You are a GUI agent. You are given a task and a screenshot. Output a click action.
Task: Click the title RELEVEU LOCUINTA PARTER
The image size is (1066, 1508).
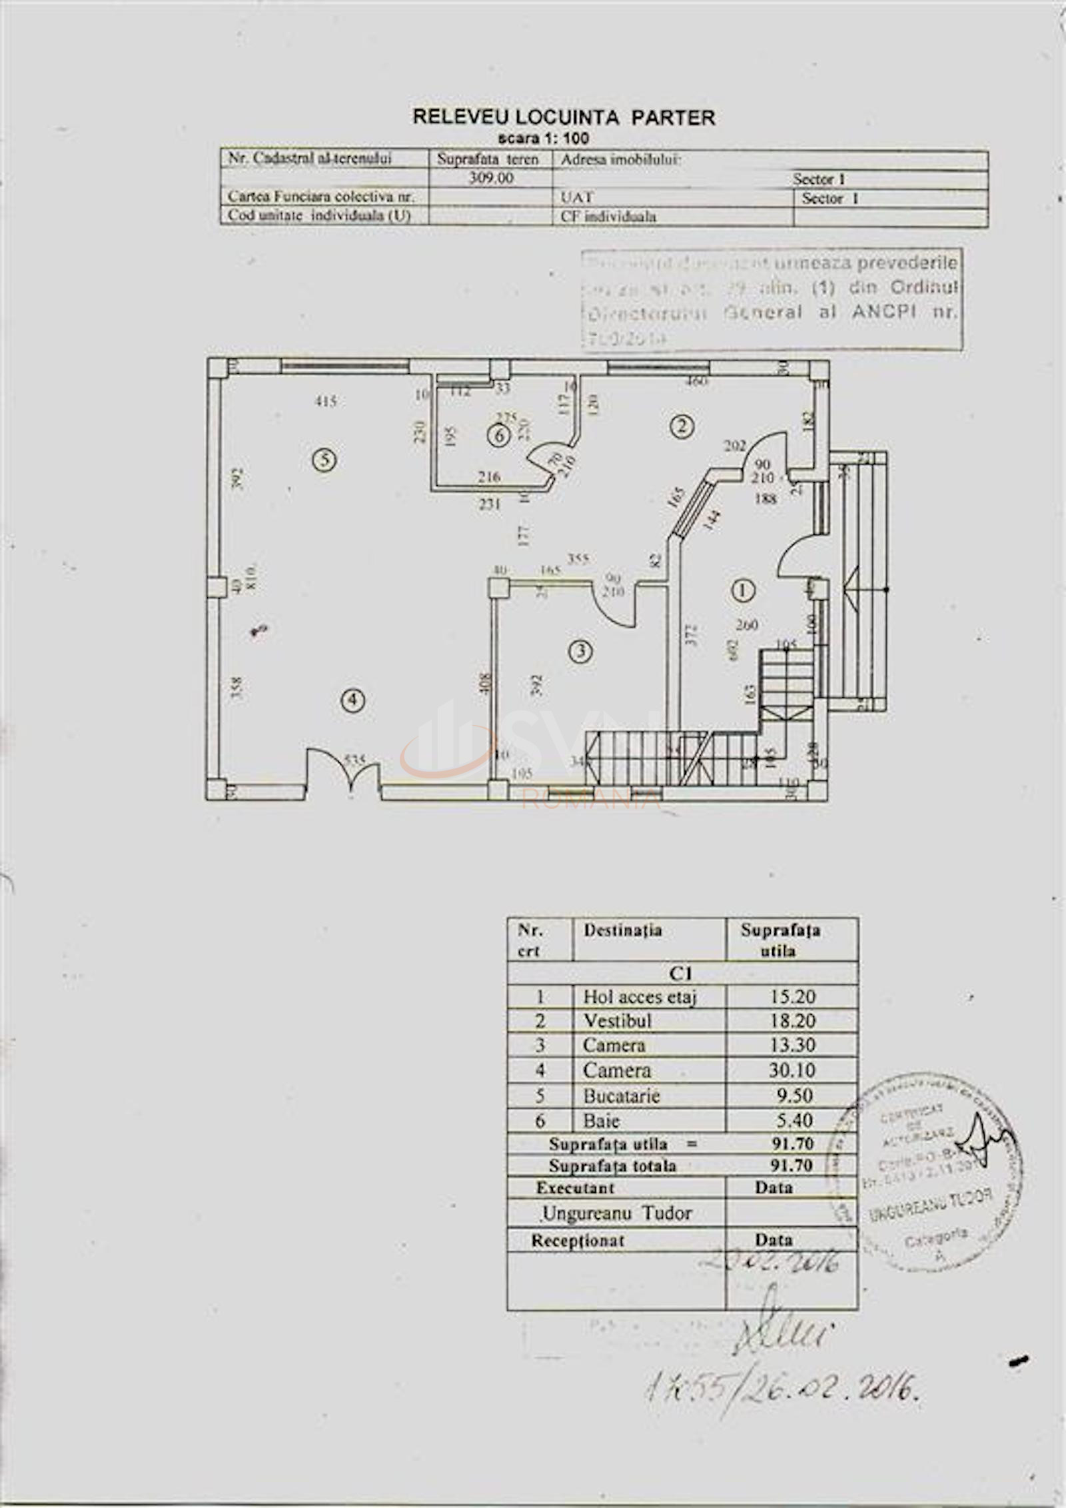point(564,117)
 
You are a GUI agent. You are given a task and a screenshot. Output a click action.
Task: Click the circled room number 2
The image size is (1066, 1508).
point(681,426)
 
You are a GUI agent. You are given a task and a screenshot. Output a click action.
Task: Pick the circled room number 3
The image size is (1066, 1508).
point(582,651)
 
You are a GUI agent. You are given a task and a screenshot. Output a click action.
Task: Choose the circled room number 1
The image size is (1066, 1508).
point(742,589)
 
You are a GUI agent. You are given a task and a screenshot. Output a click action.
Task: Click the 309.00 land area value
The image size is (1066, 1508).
point(491,179)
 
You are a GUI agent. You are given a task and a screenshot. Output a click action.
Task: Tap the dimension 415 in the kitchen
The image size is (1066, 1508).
point(326,401)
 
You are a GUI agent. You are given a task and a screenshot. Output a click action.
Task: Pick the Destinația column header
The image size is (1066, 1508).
point(623,930)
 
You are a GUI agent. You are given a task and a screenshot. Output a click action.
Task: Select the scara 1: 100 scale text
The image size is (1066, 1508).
point(544,139)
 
